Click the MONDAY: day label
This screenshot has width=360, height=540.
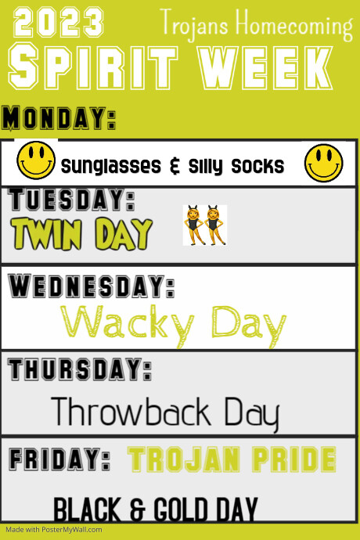coord(59,118)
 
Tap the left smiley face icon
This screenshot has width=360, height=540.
coord(36,161)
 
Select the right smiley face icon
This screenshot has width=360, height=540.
coord(324,162)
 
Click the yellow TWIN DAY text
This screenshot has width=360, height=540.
coord(81,232)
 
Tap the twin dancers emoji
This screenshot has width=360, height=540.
coord(204,225)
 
